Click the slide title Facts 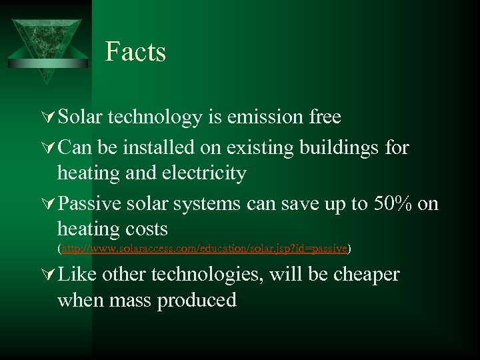[135, 52]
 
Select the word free [325, 117]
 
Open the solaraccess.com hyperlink [204, 249]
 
